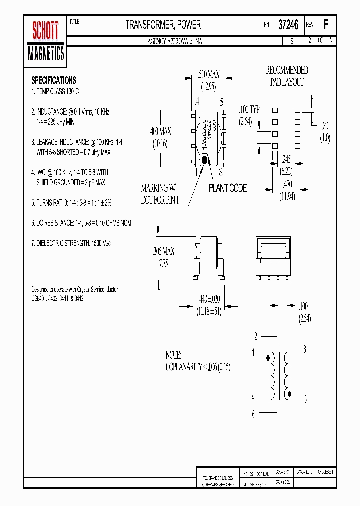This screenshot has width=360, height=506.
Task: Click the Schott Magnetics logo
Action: point(46,41)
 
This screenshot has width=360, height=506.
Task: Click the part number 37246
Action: point(288,25)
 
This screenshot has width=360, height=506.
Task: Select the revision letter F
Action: point(326,25)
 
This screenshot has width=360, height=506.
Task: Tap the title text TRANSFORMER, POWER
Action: point(163,24)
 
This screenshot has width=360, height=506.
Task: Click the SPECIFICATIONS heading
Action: point(54,80)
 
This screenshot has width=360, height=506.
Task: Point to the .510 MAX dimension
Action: point(209,75)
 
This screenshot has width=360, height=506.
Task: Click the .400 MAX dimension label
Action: point(160,132)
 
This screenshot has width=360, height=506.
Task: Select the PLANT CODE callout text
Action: point(228,188)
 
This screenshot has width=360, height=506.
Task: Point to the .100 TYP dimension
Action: point(249,109)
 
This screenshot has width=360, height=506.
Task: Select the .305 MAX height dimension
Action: point(163,251)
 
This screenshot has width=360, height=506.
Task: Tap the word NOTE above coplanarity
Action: point(173,355)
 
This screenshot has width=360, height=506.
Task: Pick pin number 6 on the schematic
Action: point(253,414)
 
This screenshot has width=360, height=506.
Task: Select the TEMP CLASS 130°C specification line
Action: point(55,92)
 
